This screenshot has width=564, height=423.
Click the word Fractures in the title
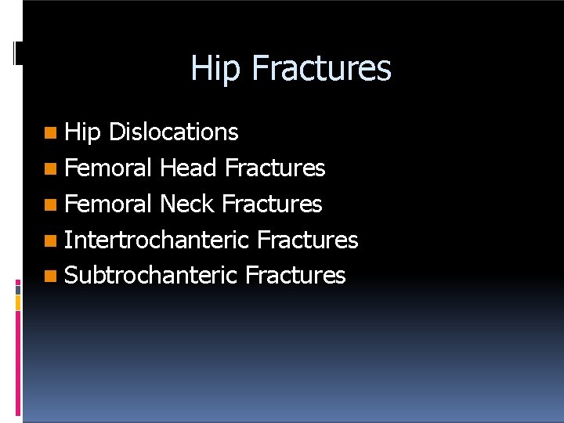321,67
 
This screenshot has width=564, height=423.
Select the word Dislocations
173,132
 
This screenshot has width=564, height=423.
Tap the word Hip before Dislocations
82,132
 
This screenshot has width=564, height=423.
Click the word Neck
187,204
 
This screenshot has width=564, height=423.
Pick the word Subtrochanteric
150,276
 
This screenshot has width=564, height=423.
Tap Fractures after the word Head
274,168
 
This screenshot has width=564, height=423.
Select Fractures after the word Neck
272,204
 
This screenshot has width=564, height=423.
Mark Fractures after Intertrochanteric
307,240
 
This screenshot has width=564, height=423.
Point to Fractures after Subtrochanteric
295,276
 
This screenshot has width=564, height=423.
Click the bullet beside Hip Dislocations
51,133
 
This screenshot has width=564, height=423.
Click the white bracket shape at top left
16,52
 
